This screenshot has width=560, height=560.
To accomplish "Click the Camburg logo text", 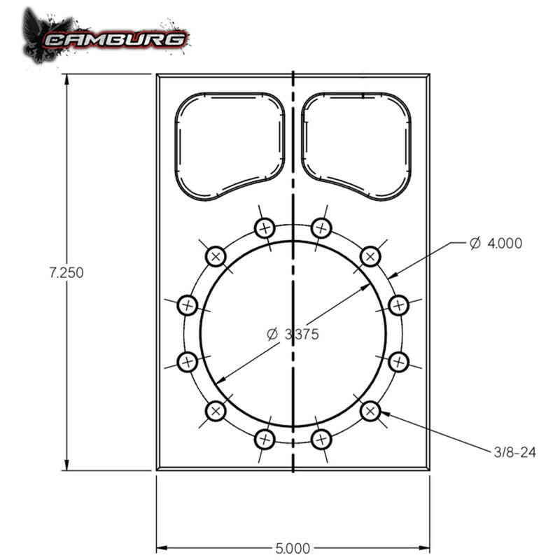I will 115,38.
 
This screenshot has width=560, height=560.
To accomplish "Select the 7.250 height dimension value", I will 66,273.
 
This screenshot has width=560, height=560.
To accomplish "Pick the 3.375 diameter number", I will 302,335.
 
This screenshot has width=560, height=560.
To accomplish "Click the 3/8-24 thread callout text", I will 515,453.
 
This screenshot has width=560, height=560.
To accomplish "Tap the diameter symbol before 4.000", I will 475,243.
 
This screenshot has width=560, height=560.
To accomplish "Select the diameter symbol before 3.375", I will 273,335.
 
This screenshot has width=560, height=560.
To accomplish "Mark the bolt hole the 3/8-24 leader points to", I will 370,411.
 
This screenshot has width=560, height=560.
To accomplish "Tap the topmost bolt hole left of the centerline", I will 264,227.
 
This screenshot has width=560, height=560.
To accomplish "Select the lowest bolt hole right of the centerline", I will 321,439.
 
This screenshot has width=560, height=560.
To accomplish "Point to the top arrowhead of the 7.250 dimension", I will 67,78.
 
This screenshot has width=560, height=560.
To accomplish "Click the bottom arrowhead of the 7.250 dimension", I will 67,466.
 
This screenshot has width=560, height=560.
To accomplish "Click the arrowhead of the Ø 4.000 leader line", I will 393,276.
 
